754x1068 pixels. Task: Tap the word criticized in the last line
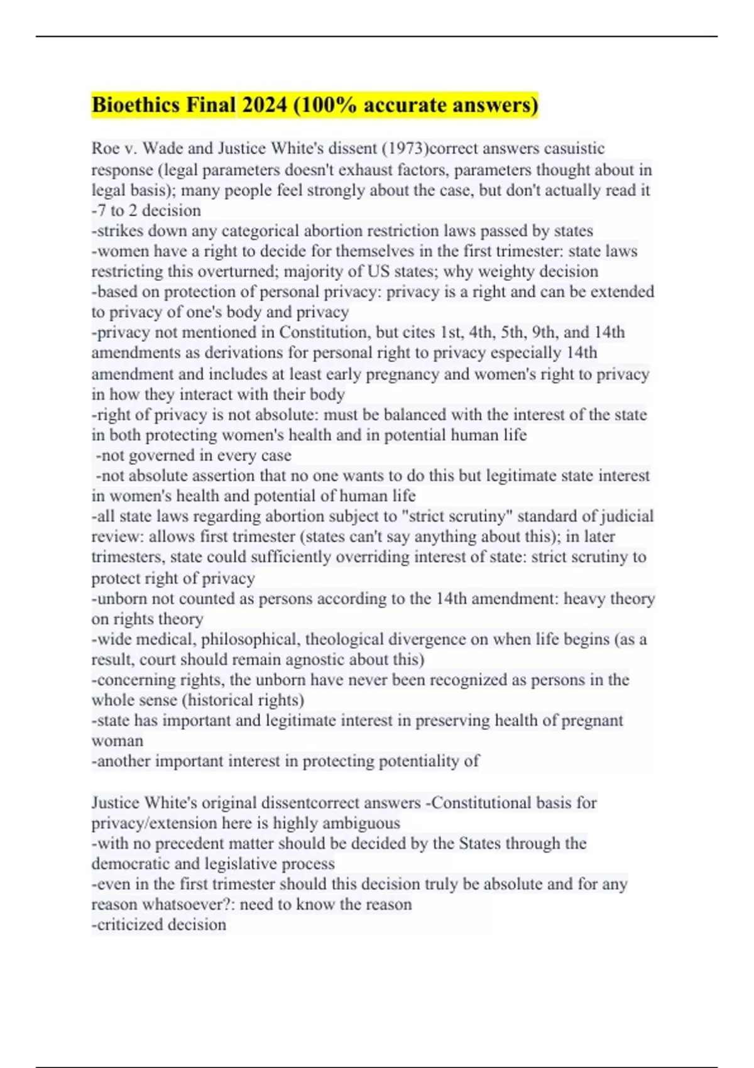tap(125, 925)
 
